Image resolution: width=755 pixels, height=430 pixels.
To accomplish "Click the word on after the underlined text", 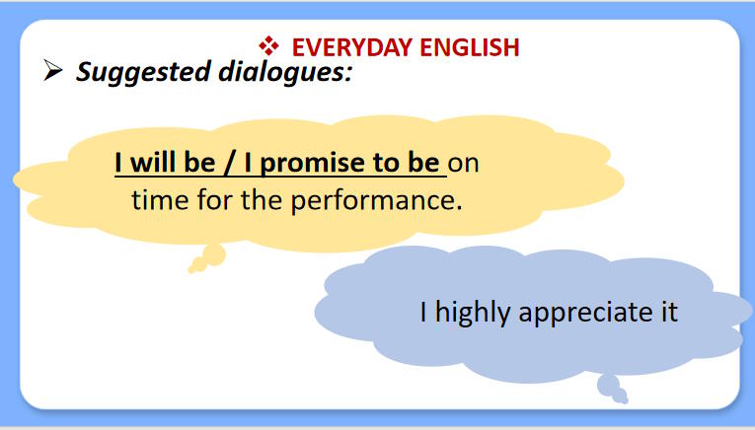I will click(x=464, y=163).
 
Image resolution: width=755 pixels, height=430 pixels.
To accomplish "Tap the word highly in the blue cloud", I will click(x=472, y=312).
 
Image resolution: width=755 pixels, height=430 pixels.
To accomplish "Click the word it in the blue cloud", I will click(x=670, y=312).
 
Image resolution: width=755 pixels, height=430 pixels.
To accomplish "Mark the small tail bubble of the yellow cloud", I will click(x=211, y=255).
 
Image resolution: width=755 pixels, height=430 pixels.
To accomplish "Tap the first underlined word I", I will click(x=118, y=163).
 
